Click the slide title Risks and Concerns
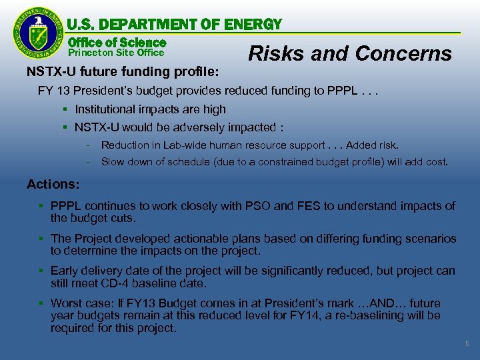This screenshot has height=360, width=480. coord(349,53)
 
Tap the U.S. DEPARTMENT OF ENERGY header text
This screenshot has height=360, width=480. coord(175,25)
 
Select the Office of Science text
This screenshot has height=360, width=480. coord(117,41)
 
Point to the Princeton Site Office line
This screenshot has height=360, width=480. coord(117,52)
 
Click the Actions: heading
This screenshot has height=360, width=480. coord(53,184)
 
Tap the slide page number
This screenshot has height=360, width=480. coord(467,343)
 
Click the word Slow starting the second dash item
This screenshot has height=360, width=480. coord(113,162)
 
